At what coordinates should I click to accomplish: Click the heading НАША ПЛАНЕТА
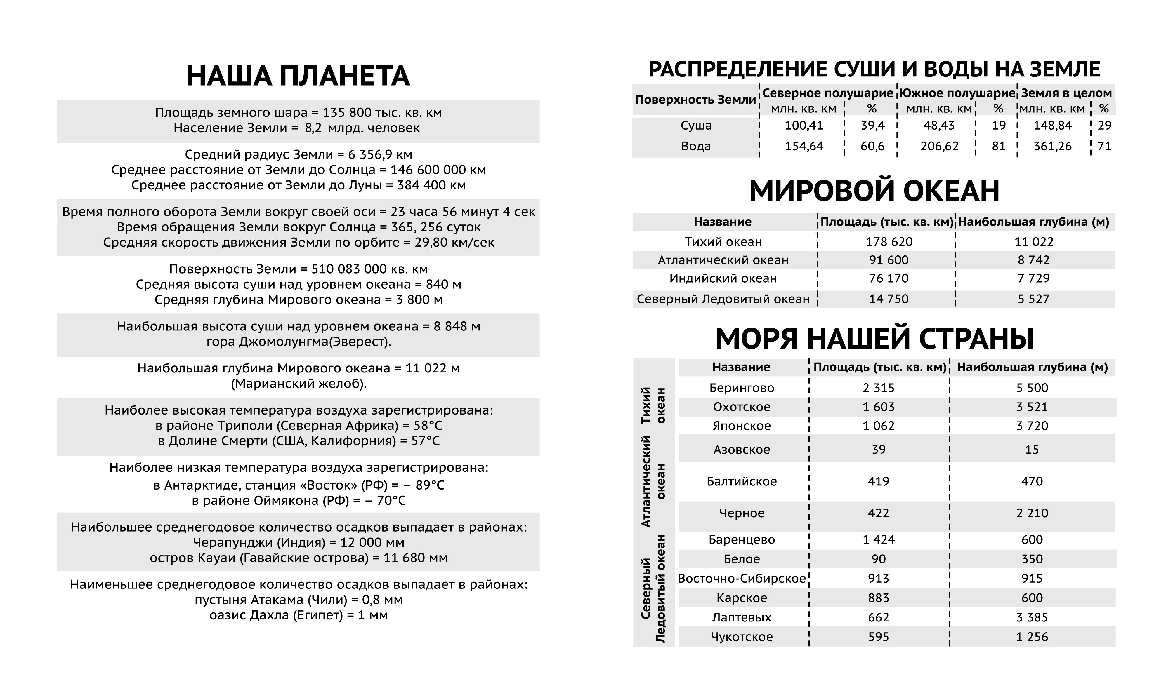pyautogui.click(x=298, y=76)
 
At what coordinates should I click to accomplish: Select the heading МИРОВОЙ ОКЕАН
pyautogui.click(x=874, y=191)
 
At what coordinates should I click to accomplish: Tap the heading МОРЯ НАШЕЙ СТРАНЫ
pyautogui.click(x=874, y=338)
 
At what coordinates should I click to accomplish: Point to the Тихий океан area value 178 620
pyautogui.click(x=889, y=241)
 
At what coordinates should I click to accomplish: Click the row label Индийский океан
pyautogui.click(x=723, y=278)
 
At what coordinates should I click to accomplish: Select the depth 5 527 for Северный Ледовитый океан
pyautogui.click(x=1033, y=299)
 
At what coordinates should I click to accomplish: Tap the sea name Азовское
pyautogui.click(x=741, y=450)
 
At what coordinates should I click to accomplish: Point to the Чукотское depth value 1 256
pyautogui.click(x=1032, y=637)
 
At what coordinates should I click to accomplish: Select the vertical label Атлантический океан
pyautogui.click(x=653, y=481)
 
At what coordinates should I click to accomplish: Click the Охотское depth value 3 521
pyautogui.click(x=1032, y=407)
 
